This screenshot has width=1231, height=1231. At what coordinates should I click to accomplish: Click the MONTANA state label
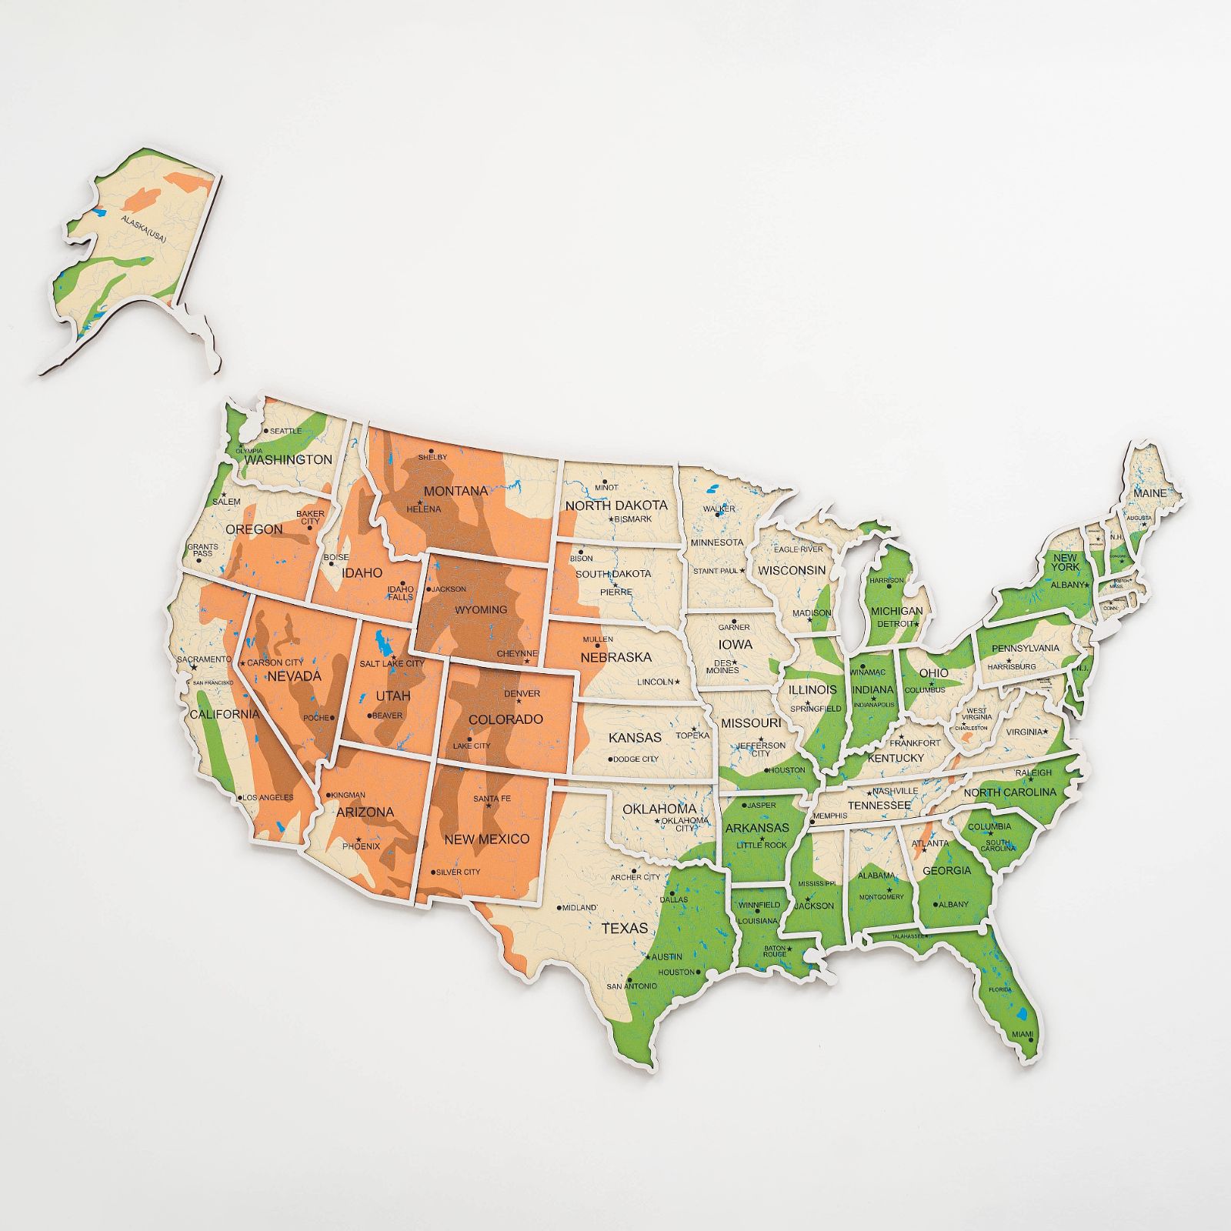(x=455, y=491)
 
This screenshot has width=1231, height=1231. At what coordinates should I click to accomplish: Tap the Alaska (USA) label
(x=144, y=230)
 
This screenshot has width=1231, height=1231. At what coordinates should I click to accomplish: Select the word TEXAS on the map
(x=625, y=928)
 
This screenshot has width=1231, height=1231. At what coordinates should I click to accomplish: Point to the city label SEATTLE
(x=285, y=431)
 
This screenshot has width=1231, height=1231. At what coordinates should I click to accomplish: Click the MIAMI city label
(x=1022, y=1034)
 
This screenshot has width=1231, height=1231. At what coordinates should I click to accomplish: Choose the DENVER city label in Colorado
(x=522, y=693)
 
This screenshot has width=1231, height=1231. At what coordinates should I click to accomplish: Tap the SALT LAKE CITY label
(x=392, y=663)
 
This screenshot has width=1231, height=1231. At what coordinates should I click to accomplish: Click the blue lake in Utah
(x=380, y=640)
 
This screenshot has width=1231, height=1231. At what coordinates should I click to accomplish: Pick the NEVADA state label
(x=294, y=676)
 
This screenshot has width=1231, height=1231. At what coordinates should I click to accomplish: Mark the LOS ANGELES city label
(x=268, y=797)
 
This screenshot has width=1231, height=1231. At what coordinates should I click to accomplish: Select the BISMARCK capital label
(x=633, y=519)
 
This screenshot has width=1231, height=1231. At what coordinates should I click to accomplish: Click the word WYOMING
(x=481, y=609)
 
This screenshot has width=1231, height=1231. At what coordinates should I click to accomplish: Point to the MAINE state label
(x=1149, y=492)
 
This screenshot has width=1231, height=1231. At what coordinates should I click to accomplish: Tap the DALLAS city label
(x=674, y=899)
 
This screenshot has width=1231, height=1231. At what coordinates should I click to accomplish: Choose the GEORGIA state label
(x=947, y=870)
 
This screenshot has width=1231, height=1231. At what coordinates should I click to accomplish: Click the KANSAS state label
(x=635, y=737)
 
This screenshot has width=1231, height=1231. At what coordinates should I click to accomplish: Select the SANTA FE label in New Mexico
(x=492, y=799)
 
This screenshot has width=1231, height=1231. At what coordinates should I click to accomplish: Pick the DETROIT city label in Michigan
(x=893, y=623)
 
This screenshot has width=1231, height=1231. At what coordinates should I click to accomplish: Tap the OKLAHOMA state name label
(x=659, y=809)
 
